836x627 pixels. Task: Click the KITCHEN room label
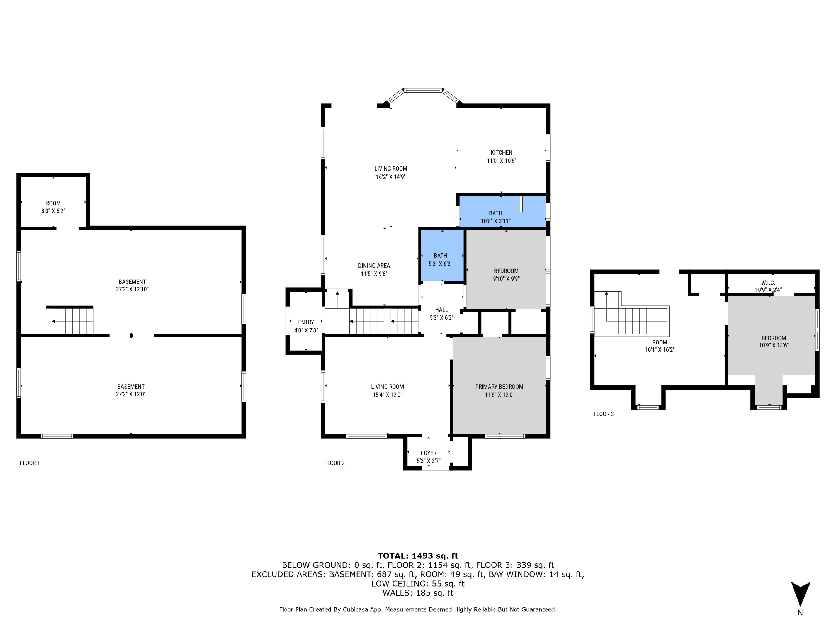(x=501, y=153)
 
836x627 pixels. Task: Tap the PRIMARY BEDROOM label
(x=499, y=387)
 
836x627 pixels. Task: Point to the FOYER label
(x=429, y=453)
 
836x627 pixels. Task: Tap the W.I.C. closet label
(x=768, y=283)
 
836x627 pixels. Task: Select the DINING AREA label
(x=374, y=266)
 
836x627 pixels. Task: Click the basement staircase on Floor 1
(x=72, y=321)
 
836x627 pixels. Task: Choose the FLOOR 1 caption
(x=30, y=463)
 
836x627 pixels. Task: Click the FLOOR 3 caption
(x=603, y=414)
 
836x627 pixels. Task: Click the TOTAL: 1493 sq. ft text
(x=418, y=556)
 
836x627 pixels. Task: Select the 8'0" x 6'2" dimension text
(x=53, y=211)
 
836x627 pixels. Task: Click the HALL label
(x=441, y=310)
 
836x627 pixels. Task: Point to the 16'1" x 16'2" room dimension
(x=660, y=350)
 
